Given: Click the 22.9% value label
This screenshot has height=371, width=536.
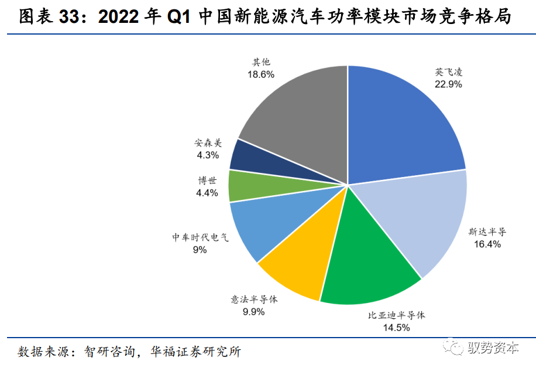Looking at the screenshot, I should click(x=448, y=84).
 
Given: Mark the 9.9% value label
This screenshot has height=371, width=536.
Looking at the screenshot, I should click(x=254, y=312).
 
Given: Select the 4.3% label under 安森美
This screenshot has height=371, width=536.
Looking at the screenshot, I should click(x=208, y=155).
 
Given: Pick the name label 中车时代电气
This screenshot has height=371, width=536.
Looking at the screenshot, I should click(x=200, y=237).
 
